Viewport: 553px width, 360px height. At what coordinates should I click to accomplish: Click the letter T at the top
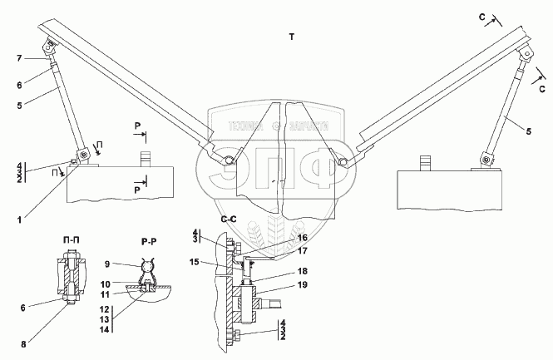291,37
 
